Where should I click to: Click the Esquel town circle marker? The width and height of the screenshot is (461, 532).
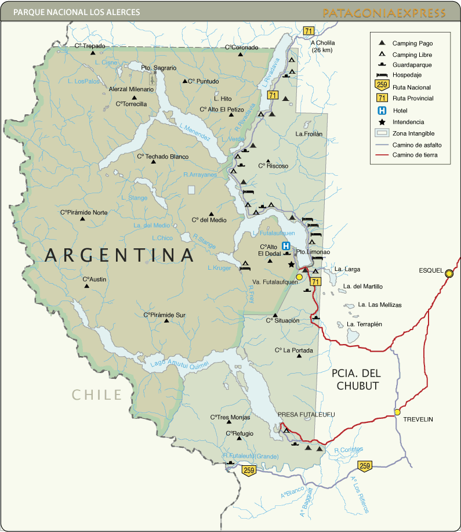pos(449,273)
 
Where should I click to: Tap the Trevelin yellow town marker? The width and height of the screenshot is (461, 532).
pos(397,412)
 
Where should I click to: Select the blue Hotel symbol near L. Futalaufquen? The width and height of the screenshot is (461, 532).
pos(285,246)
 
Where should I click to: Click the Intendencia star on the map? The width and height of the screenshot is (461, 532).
pos(291,265)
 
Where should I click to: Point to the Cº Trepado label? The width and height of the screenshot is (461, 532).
pos(90,46)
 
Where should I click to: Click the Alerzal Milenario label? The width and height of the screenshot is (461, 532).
pos(131,89)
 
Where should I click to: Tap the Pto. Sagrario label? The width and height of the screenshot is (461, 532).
pos(158,68)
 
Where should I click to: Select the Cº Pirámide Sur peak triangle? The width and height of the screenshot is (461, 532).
pos(166,321)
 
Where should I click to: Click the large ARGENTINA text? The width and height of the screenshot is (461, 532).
pos(119,255)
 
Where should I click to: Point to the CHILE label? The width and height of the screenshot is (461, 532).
pos(97,395)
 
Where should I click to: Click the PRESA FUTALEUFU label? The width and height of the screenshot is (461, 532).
pos(306,414)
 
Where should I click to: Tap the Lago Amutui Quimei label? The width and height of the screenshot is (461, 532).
pos(179,363)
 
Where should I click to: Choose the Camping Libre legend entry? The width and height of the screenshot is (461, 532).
pos(412,55)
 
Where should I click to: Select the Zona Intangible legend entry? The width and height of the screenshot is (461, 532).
pos(412,133)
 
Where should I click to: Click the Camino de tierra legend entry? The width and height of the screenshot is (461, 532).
pos(415,155)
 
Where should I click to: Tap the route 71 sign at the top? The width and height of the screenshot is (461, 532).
pos(309,31)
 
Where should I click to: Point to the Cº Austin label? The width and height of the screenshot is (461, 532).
pos(95,280)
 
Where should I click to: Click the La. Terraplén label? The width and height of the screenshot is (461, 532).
pos(364,324)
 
